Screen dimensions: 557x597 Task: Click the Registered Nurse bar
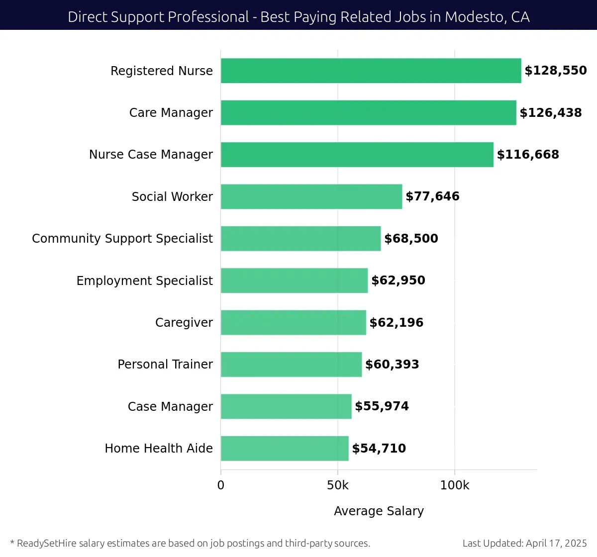tap(371, 71)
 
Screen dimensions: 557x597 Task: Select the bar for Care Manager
tap(368, 112)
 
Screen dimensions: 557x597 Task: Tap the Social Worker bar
tap(311, 196)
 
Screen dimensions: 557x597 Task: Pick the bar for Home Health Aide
tap(285, 448)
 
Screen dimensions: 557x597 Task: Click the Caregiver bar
tap(293, 322)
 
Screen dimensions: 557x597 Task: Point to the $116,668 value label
tap(528, 155)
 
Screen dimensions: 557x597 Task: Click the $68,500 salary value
tap(411, 239)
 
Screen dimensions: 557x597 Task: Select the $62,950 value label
tap(398, 280)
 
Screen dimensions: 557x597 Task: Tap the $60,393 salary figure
tap(392, 365)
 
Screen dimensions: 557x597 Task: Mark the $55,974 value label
tap(382, 406)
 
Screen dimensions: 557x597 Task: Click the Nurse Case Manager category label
tap(151, 155)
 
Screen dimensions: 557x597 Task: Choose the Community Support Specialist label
tap(122, 239)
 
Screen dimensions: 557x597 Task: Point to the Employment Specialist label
tap(144, 280)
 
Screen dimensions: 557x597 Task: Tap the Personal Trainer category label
tap(165, 365)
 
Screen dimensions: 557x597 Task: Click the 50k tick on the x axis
tap(338, 485)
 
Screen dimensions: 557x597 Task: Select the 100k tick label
tap(454, 485)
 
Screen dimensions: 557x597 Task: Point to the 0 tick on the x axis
tap(221, 485)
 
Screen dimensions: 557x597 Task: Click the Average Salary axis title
tap(379, 511)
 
